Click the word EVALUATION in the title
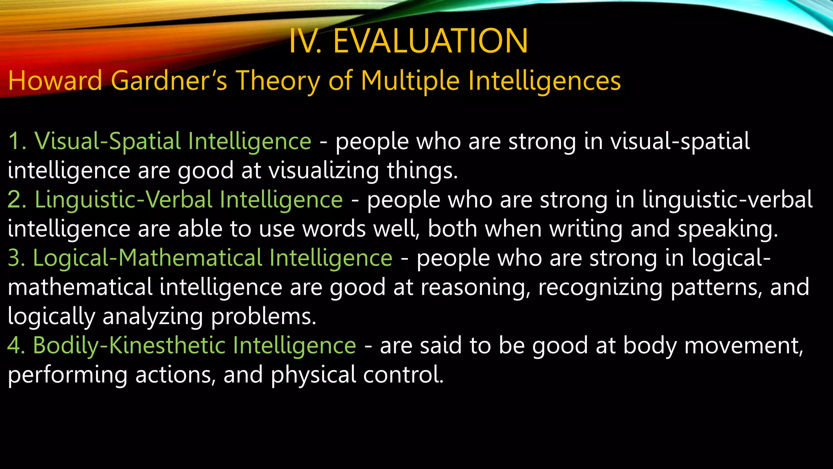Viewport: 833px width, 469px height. tap(430, 41)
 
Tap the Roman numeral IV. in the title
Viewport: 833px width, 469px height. tap(305, 41)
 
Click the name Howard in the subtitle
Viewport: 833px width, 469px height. tap(55, 80)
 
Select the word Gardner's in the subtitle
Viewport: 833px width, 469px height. tap(169, 80)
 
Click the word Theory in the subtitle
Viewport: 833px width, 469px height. tap(278, 81)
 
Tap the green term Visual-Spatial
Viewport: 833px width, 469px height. tap(107, 142)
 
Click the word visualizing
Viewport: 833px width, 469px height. tap(324, 171)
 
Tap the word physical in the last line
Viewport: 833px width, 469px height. tap(313, 375)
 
